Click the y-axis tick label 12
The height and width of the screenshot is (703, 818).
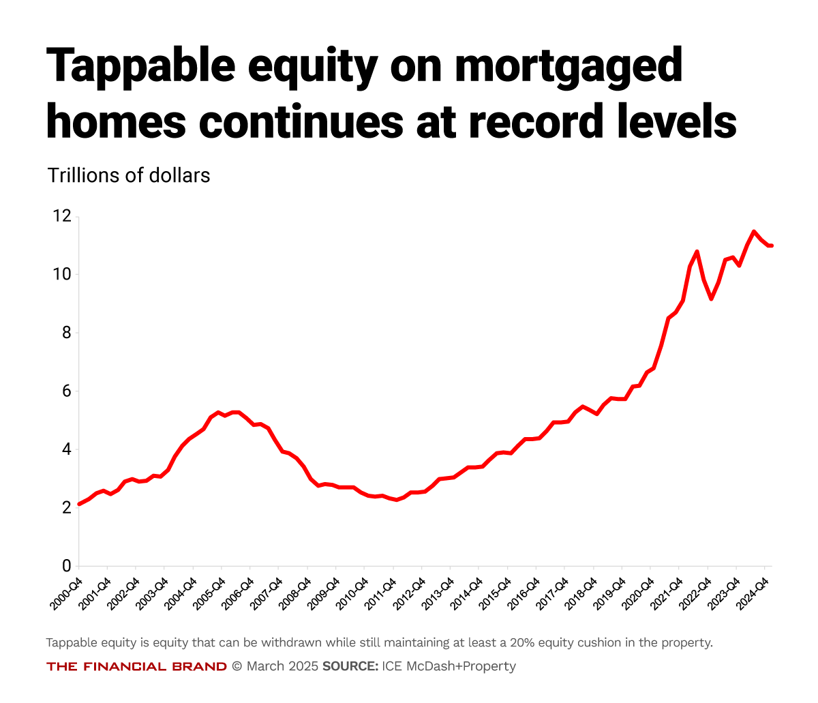coord(61,216)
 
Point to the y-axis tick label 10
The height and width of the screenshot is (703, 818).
coord(61,274)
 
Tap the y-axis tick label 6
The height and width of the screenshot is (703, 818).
coord(66,391)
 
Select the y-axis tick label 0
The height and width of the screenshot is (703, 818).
coord(66,565)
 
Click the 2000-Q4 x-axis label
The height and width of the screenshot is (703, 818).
coord(67,590)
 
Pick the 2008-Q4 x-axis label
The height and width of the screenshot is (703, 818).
coord(296,590)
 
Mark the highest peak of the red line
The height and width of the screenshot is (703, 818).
coord(754,231)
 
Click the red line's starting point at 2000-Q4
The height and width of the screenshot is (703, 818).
coord(79,504)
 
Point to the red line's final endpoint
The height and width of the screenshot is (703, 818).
coord(771,245)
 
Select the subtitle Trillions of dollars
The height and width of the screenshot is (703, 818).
coord(129,175)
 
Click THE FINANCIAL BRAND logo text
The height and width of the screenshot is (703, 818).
coord(136,666)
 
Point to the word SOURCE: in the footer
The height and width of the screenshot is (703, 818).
coord(350,666)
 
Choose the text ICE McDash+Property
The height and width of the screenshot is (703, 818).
coord(449,666)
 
